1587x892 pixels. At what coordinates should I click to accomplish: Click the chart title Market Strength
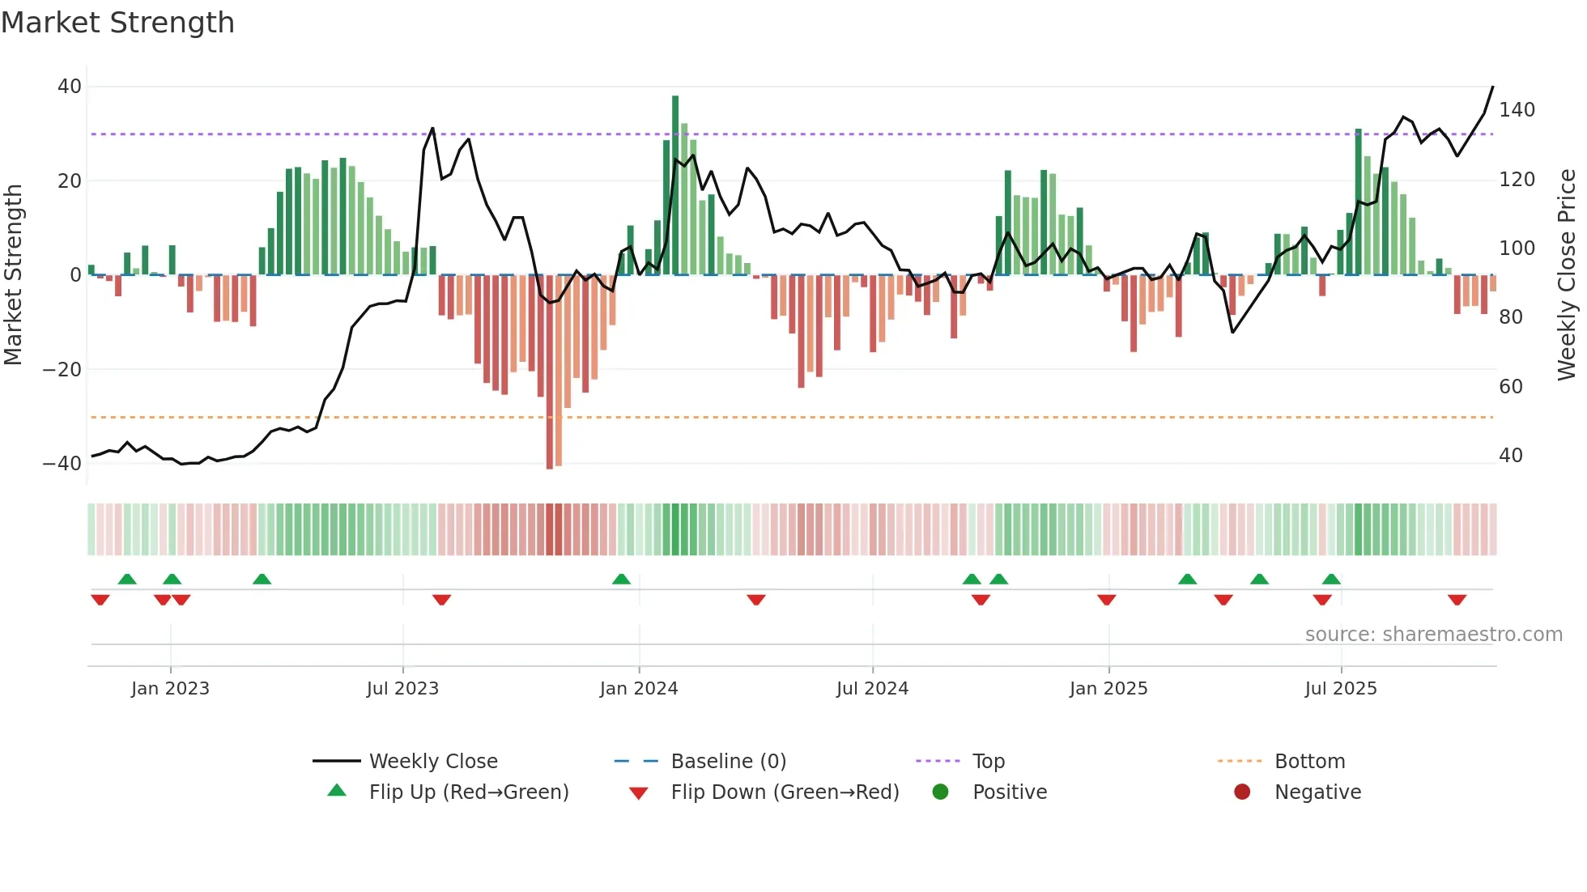point(117,23)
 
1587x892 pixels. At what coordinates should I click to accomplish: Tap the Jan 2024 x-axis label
point(638,689)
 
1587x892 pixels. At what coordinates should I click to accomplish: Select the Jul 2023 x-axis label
point(402,689)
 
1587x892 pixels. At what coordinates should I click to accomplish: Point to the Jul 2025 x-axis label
point(1340,689)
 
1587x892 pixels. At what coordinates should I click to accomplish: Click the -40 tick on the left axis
point(62,464)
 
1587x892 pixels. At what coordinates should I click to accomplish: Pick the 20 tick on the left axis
point(70,181)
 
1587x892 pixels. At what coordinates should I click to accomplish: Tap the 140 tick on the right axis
point(1516,110)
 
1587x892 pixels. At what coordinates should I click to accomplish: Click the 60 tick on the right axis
point(1510,387)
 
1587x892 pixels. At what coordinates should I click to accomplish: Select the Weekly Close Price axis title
point(1567,275)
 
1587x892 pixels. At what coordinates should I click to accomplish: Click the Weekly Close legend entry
point(432,762)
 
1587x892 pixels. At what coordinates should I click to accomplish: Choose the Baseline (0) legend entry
point(728,762)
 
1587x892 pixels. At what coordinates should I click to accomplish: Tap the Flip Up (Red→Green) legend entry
point(468,792)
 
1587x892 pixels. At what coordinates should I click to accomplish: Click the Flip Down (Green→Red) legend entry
point(784,792)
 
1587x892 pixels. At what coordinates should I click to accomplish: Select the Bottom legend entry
point(1308,762)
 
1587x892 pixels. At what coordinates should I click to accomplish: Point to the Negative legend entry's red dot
point(1241,792)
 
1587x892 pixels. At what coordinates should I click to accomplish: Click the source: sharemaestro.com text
point(1433,635)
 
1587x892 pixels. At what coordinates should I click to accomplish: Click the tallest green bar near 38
point(675,186)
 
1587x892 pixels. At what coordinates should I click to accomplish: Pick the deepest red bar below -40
point(550,372)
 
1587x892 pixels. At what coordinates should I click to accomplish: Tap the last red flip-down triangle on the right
point(1457,600)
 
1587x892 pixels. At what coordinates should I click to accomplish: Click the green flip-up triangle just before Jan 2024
point(621,579)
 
